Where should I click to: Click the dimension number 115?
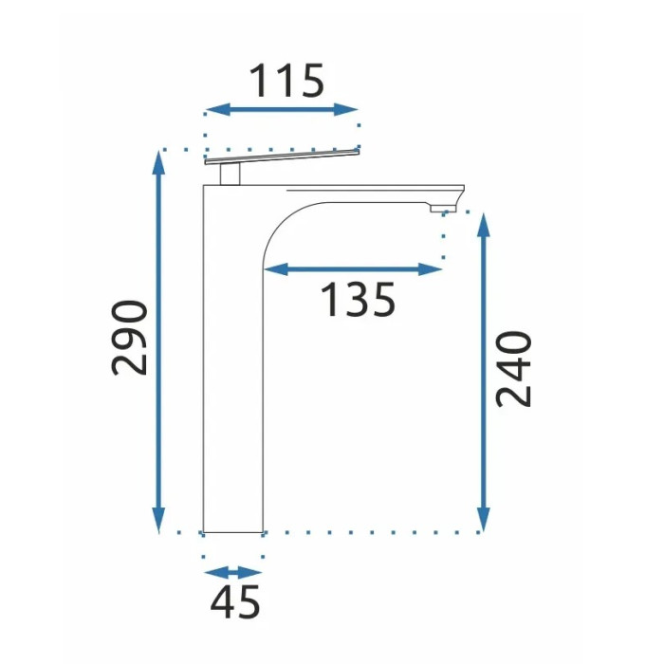pyautogui.click(x=286, y=81)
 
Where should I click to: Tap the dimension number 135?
pyautogui.click(x=359, y=300)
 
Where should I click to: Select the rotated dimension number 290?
pyautogui.click(x=130, y=338)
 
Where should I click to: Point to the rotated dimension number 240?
pyautogui.click(x=513, y=369)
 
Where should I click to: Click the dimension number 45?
pyautogui.click(x=234, y=601)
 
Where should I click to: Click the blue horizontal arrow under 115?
pyautogui.click(x=282, y=110)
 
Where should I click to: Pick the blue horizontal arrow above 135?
pyautogui.click(x=353, y=268)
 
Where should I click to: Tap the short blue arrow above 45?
pyautogui.click(x=233, y=573)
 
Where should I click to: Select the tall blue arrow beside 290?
pyautogui.click(x=158, y=341)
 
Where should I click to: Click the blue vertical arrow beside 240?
pyautogui.click(x=484, y=372)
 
